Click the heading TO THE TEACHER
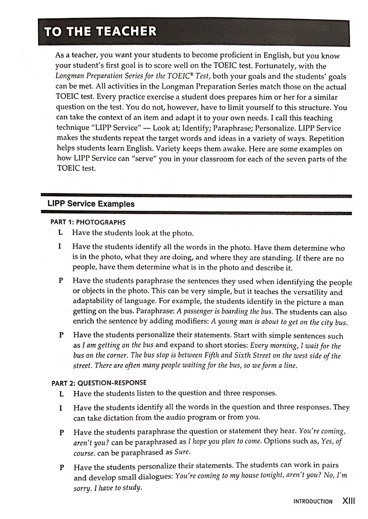point(100,32)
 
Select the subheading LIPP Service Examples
point(91,204)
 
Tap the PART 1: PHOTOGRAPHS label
point(88,222)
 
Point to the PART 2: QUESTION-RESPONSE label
point(99,382)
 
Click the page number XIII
point(349,501)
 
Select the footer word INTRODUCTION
point(312,502)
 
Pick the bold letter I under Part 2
point(60,407)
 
